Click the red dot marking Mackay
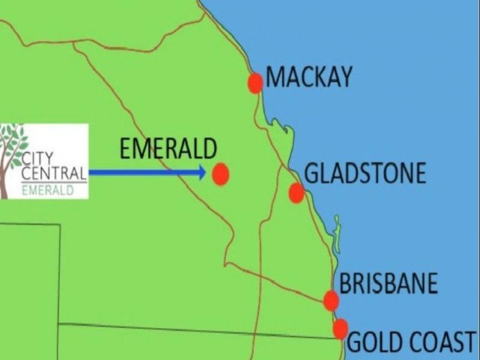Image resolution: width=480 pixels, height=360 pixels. coord(256,83)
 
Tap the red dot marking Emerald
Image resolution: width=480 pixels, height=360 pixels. coord(221,174)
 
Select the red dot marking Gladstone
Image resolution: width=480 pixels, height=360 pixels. coord(296,193)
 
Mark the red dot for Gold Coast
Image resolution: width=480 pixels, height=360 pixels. coord(340,328)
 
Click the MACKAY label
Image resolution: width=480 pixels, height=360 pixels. coord(309,77)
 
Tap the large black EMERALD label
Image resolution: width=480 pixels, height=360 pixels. coord(167,149)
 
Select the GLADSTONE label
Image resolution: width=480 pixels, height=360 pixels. coord(365,173)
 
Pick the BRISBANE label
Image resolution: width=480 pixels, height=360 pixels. coord(389,284)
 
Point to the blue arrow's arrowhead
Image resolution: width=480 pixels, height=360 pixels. coord(201,173)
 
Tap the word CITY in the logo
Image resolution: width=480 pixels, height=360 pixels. coord(37,160)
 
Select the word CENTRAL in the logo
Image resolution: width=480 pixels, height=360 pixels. coord(54,175)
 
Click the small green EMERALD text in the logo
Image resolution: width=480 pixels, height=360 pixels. coord(48,191)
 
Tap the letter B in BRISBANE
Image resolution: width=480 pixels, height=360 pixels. coord(346,284)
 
